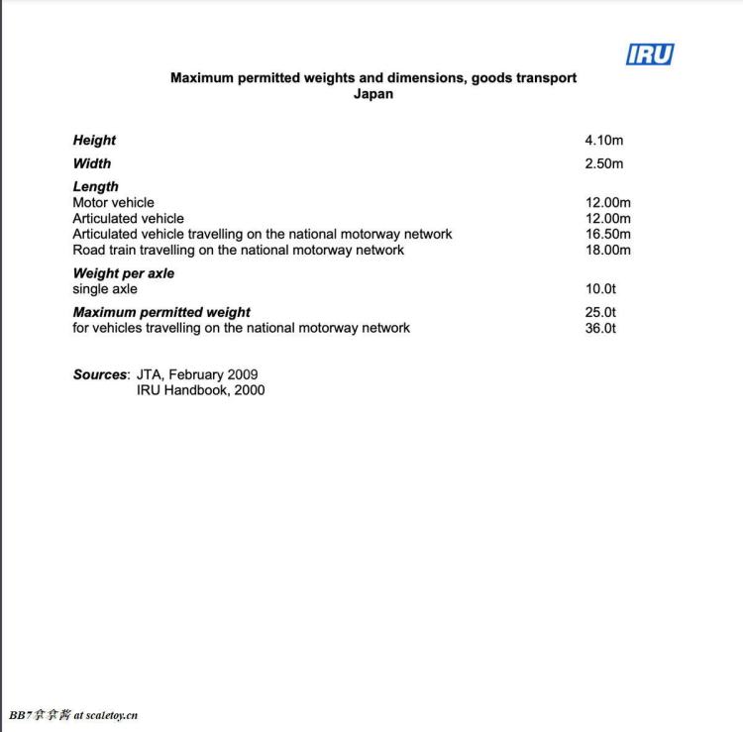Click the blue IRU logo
pos(650,54)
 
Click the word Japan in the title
pos(373,94)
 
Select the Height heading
pos(94,141)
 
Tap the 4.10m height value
pos(604,141)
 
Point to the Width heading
pos(92,163)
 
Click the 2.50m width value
pos(604,163)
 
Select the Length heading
pos(95,186)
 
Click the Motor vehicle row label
pos(113,202)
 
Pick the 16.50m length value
pos(608,234)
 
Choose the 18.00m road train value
pos(608,250)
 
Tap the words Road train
pos(105,250)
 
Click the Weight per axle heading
pos(123,273)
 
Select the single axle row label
pos(105,289)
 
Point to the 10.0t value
pos(600,289)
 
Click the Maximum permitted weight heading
pos(161,312)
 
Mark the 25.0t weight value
pos(600,312)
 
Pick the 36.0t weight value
pos(600,328)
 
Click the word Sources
pos(100,374)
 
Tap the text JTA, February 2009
pos(197,374)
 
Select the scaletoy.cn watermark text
pos(112,715)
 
